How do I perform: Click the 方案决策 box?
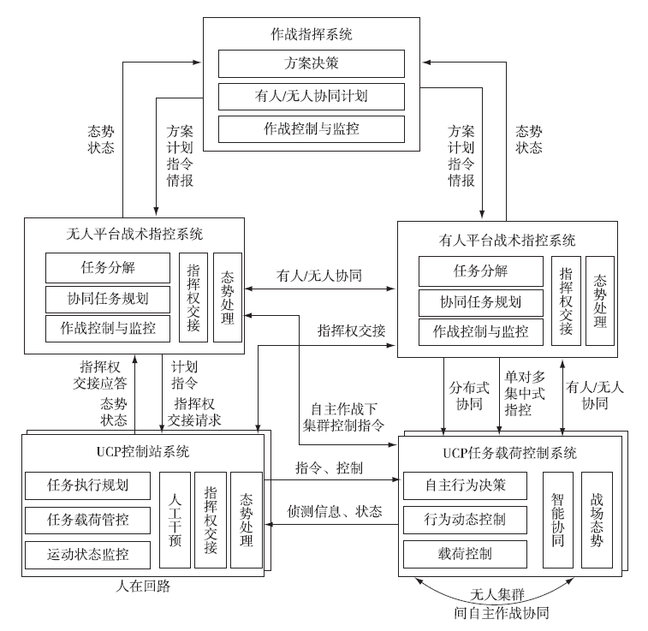tap(311, 63)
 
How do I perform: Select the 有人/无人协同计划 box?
tap(311, 96)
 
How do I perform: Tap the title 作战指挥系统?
tap(311, 35)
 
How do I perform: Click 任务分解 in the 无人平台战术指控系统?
tap(107, 268)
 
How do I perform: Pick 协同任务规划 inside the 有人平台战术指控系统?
tap(480, 302)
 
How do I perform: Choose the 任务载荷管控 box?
tap(87, 520)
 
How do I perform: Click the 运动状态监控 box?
tap(87, 554)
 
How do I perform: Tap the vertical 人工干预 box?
tap(175, 520)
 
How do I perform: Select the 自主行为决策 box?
tap(465, 485)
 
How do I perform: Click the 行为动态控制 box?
tap(465, 520)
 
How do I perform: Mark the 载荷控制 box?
tap(465, 554)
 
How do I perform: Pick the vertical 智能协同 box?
tap(557, 520)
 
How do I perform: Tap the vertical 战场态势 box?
tap(597, 520)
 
